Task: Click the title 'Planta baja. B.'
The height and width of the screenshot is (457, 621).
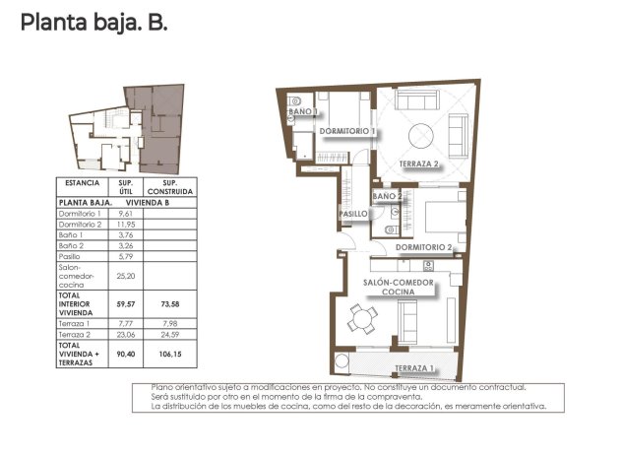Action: [x=94, y=22]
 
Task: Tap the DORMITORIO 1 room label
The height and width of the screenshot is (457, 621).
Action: [x=345, y=131]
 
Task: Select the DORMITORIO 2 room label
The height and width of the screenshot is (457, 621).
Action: [x=423, y=246]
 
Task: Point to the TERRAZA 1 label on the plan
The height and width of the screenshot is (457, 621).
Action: [x=414, y=368]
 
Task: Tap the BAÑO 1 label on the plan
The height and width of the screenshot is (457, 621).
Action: [x=303, y=112]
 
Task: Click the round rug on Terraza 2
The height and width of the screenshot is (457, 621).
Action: [x=422, y=132]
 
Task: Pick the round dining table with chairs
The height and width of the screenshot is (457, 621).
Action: [x=364, y=318]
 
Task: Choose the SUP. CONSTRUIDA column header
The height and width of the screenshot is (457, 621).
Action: [x=170, y=187]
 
